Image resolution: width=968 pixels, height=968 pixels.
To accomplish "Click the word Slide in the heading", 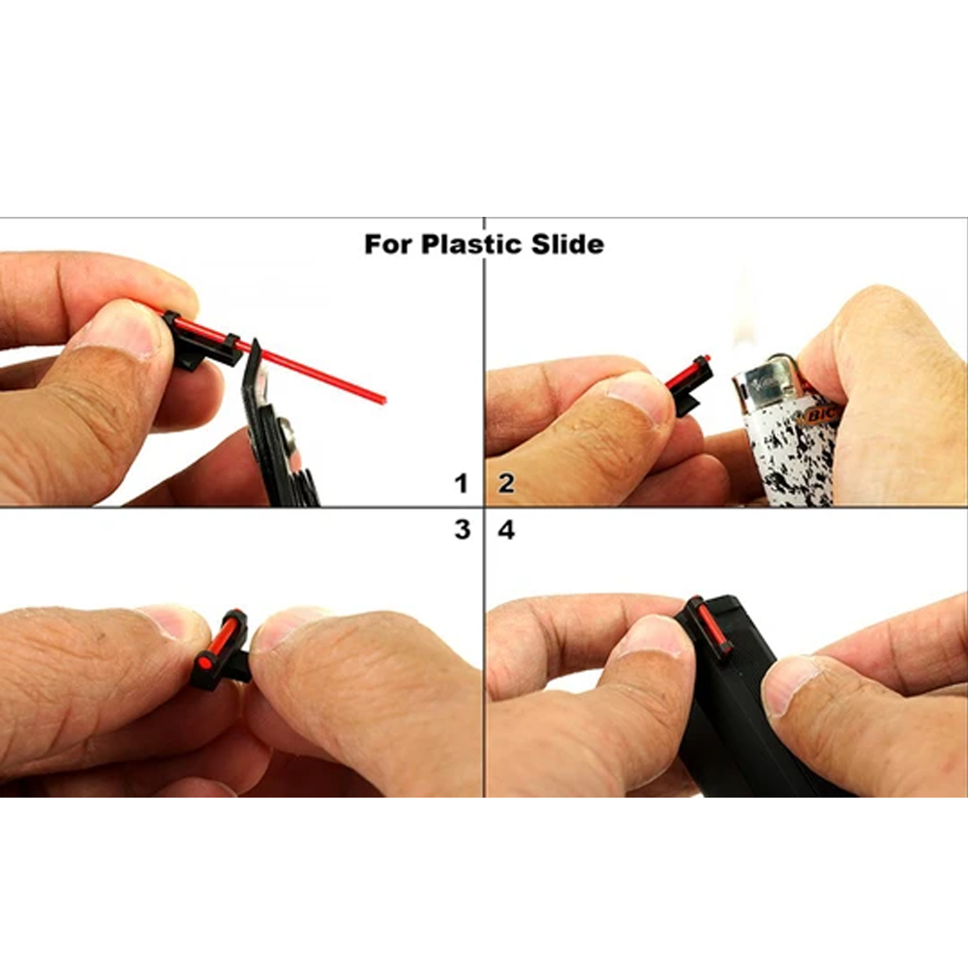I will point(566,243).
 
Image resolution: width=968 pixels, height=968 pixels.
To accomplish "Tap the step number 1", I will point(462,483).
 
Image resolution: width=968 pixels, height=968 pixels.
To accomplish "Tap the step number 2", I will point(506,483).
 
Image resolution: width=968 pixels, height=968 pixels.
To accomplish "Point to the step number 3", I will point(462,529).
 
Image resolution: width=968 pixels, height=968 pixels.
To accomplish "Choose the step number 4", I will point(506,529).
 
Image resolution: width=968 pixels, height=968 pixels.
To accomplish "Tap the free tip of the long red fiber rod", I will point(383,398).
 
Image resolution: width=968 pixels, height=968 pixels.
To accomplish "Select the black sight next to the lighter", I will point(688,387).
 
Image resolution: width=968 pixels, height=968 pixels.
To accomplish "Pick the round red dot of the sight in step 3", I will point(205,663).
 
